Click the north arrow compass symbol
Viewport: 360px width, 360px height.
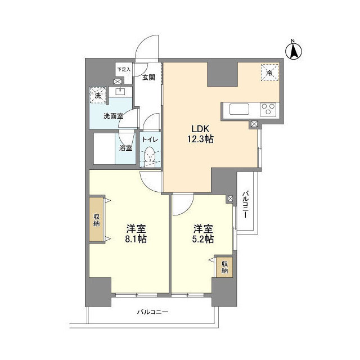(x=293, y=50)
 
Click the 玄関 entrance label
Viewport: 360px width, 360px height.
(x=148, y=78)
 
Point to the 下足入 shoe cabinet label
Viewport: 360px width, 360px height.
(x=123, y=70)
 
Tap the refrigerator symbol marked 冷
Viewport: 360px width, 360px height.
(x=269, y=73)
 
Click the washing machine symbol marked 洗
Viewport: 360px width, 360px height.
(x=98, y=96)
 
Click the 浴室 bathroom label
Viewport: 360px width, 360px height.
(x=126, y=148)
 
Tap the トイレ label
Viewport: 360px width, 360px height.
(x=149, y=139)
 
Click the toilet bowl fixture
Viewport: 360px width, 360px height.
(x=150, y=154)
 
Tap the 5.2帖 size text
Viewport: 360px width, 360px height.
(x=203, y=240)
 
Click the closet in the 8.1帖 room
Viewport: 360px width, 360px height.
(x=96, y=220)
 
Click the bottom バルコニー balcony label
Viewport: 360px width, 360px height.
(x=152, y=312)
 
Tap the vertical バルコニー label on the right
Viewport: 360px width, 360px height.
(x=246, y=206)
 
